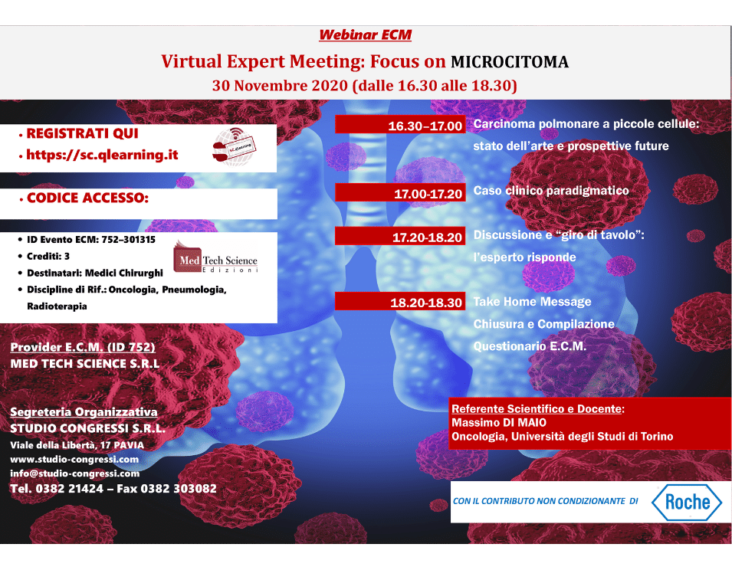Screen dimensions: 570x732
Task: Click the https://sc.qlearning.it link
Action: tap(102, 155)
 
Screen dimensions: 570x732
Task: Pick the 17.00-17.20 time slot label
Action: tap(428, 194)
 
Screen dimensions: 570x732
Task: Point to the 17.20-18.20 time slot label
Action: tap(428, 237)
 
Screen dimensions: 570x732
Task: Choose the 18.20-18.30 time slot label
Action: tap(426, 303)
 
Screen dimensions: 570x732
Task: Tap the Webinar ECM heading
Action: tap(366, 34)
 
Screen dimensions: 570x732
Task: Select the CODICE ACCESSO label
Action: tap(87, 198)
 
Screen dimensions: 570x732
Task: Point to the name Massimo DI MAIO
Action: tap(499, 422)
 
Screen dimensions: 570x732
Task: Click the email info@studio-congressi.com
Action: tap(74, 473)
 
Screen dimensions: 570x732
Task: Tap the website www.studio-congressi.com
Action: tap(74, 459)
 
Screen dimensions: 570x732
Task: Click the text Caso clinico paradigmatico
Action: tap(550, 191)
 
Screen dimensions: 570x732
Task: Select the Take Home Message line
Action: tap(532, 302)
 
